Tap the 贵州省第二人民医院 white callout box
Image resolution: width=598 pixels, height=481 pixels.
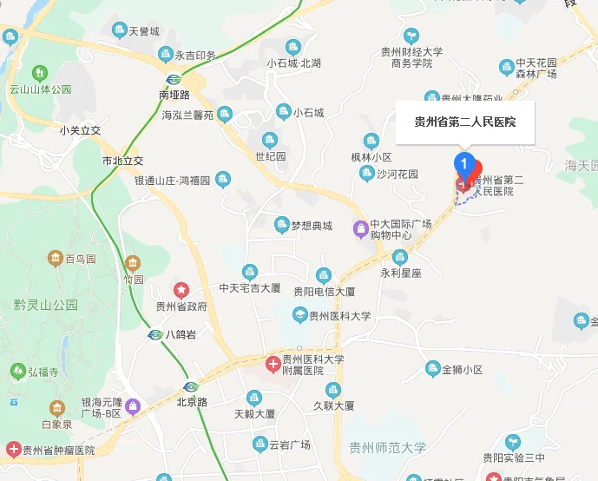[465, 122]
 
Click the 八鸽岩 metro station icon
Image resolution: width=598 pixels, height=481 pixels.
[154, 334]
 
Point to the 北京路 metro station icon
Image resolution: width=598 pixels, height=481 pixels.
[191, 385]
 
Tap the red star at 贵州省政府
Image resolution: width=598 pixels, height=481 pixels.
[181, 288]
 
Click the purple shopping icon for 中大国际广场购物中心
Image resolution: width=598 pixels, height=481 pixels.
[360, 228]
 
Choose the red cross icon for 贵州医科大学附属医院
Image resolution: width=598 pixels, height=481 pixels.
[273, 364]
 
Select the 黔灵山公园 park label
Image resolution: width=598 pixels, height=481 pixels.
[46, 305]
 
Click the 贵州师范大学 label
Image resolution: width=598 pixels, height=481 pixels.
[387, 448]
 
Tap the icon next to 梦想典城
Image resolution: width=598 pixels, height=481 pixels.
[281, 226]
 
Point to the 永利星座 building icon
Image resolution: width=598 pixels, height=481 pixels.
[400, 256]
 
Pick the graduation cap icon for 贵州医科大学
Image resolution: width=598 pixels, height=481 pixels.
[299, 315]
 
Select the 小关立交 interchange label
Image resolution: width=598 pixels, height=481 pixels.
[81, 130]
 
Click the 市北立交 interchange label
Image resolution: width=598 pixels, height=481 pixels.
[122, 161]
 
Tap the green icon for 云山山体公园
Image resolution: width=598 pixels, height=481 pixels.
[40, 73]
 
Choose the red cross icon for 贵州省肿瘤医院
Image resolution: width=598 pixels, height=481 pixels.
[13, 450]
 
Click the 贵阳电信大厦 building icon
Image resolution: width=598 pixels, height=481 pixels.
[324, 275]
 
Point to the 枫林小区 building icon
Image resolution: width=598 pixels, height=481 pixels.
[371, 141]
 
